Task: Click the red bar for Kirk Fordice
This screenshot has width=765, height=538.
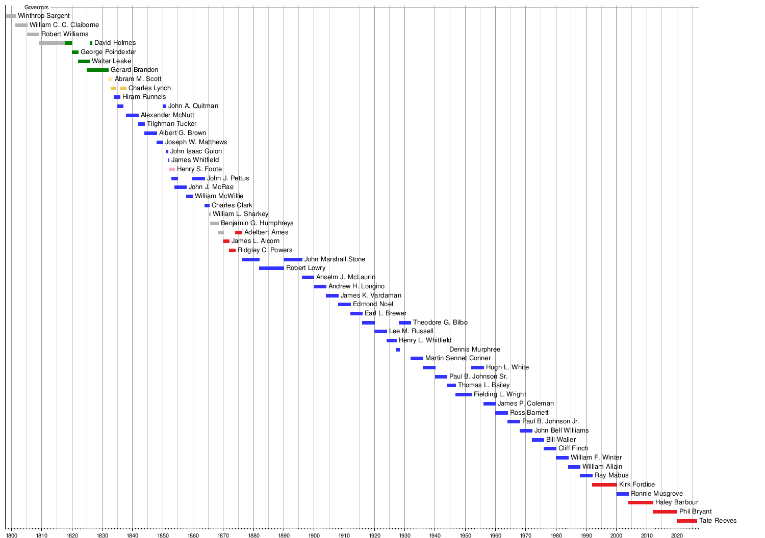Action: [x=604, y=485]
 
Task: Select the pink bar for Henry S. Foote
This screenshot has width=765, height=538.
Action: [x=172, y=169]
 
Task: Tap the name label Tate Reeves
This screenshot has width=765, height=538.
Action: [x=718, y=521]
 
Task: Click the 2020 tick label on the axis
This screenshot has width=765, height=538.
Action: [x=677, y=535]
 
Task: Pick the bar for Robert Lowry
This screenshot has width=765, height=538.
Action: [x=271, y=268]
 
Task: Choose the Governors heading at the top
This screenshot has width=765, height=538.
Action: [x=37, y=7]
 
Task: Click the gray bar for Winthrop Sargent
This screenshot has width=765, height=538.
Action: [x=11, y=16]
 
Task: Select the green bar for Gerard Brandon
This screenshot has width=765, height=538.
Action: [x=98, y=70]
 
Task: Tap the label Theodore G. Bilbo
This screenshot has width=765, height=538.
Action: [x=440, y=322]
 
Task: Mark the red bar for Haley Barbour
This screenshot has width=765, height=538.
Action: [x=641, y=502]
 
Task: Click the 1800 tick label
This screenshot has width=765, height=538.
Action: [x=11, y=535]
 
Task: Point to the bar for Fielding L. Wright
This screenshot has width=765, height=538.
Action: [x=464, y=395]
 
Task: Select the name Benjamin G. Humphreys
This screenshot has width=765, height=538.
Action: [x=257, y=223]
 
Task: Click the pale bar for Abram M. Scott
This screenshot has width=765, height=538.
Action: [x=110, y=79]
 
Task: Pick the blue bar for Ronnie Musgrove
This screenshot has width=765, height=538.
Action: [x=623, y=494]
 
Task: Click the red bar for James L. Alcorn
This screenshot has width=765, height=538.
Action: [x=226, y=241]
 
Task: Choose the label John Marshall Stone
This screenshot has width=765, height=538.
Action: [x=335, y=259]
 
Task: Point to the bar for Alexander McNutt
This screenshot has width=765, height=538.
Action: [x=132, y=116]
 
